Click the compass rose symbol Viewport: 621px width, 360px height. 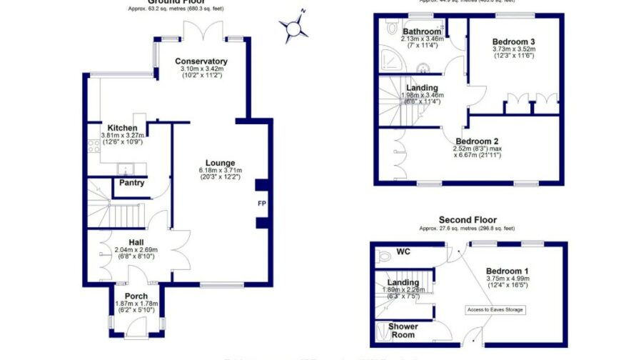click(x=294, y=28)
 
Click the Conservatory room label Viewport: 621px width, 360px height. click(x=201, y=61)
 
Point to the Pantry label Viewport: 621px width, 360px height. click(x=131, y=183)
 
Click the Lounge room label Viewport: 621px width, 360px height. click(x=220, y=163)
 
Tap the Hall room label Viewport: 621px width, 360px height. click(x=136, y=242)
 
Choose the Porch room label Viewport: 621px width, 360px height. click(x=136, y=296)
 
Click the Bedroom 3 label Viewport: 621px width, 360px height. click(x=513, y=41)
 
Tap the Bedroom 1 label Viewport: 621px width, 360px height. click(x=508, y=271)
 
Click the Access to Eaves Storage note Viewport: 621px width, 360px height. click(x=495, y=309)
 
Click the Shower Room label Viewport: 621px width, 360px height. click(x=403, y=331)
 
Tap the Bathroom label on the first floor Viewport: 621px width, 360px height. click(x=422, y=31)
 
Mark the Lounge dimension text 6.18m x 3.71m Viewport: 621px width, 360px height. click(x=220, y=171)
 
